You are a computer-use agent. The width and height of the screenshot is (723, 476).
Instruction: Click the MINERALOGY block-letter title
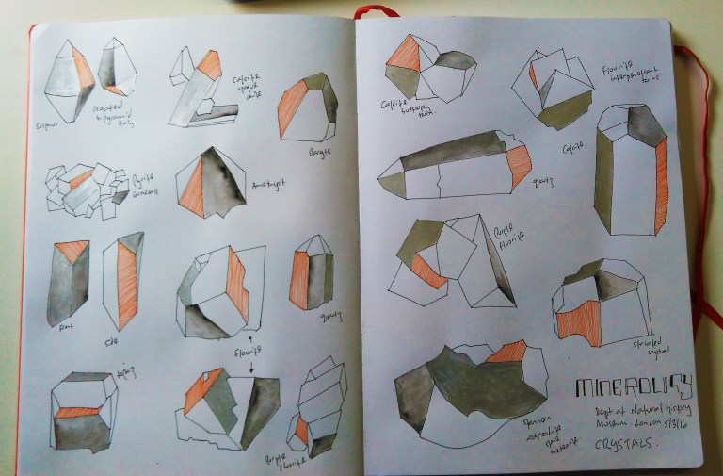point(625,386)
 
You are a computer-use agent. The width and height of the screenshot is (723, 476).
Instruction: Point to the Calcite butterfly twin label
point(402,109)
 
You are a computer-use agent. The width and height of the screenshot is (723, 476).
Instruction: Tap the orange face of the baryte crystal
point(293,108)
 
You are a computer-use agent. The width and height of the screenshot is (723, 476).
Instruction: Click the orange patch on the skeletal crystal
point(577,320)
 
